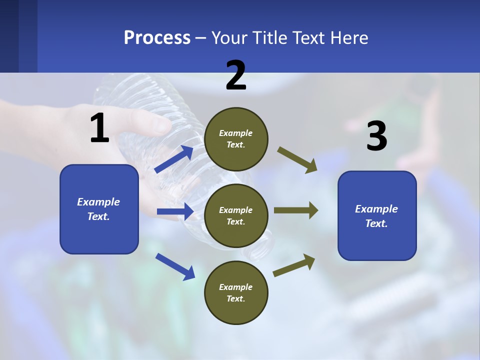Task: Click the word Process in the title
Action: click(x=157, y=38)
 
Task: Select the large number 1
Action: click(x=99, y=128)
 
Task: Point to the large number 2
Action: click(x=236, y=75)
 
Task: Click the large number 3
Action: click(x=376, y=136)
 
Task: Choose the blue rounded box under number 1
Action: click(x=99, y=209)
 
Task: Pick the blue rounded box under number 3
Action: click(x=377, y=215)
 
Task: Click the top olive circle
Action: click(x=236, y=139)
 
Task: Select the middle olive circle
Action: click(x=236, y=215)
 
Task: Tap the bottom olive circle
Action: click(x=236, y=292)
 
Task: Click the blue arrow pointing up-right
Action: click(x=174, y=159)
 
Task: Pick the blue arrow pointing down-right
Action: click(x=175, y=266)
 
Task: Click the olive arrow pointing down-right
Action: click(x=297, y=159)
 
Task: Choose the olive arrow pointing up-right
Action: click(x=294, y=265)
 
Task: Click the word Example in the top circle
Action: click(x=236, y=133)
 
